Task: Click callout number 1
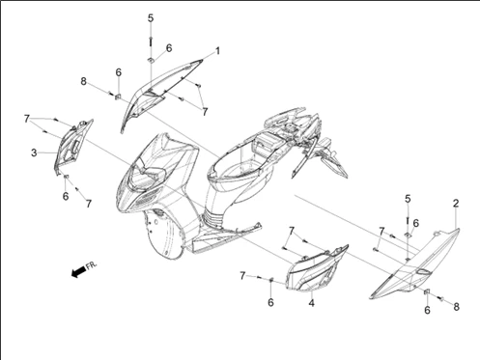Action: tap(217, 51)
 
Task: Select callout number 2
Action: tap(456, 204)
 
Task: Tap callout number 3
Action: tap(34, 152)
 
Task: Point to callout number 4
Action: tap(311, 303)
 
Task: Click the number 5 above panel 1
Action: tap(151, 18)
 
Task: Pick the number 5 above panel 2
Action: tap(408, 199)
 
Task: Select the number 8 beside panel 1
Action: tap(84, 81)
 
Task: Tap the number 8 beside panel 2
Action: tap(456, 307)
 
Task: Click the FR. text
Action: tap(91, 265)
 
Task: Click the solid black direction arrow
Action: tap(78, 272)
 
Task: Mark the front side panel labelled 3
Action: tap(72, 147)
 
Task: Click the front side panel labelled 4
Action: tap(316, 268)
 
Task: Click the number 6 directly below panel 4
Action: tap(270, 302)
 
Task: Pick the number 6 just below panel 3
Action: tap(66, 196)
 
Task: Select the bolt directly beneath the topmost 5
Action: tap(151, 42)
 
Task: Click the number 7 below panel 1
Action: tap(205, 112)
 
